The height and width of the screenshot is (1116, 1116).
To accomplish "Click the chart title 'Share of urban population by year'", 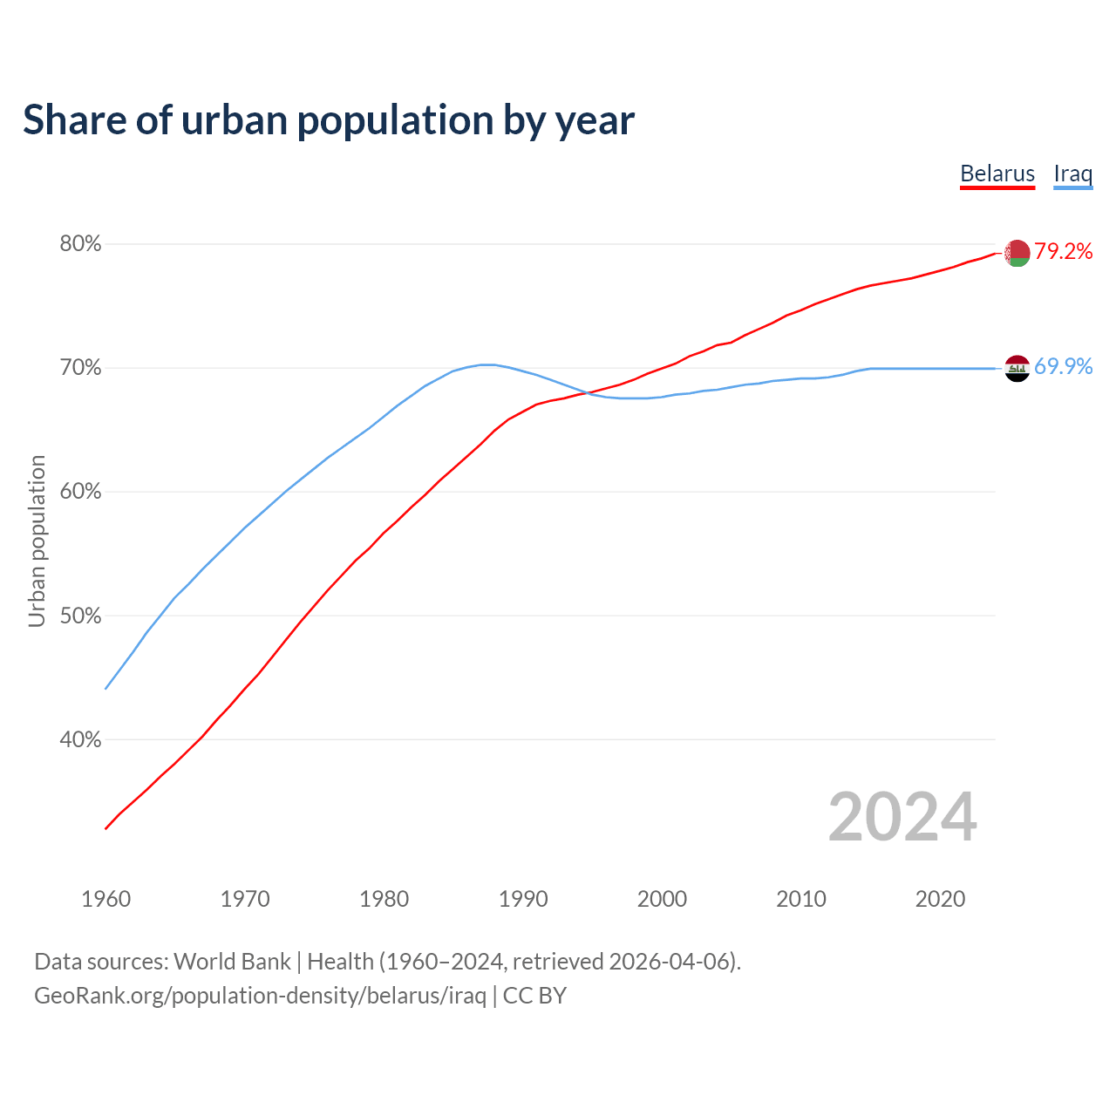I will point(329,120).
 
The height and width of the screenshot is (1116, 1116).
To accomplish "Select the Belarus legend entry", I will point(997,174).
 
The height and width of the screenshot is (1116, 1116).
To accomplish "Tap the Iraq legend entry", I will point(1072,174).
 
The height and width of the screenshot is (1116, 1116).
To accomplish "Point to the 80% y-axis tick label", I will point(80,244).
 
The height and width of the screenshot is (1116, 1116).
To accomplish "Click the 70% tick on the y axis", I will point(80,368).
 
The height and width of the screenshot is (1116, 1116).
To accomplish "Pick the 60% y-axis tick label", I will point(80,492).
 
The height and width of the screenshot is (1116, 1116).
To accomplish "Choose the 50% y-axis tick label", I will point(80,616).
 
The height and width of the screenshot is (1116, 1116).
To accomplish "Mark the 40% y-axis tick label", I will point(80,740).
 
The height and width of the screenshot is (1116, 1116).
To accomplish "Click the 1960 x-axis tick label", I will point(105,899).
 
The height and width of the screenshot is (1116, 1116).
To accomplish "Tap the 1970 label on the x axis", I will point(245,899).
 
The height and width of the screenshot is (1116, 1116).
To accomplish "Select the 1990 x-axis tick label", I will point(523,899).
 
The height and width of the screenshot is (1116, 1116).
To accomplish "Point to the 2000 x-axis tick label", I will point(662,899).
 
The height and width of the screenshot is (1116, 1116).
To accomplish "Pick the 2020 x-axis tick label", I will point(940,899).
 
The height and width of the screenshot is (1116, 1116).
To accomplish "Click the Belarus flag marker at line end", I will point(1017,253).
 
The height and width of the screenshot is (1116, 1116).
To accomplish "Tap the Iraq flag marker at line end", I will point(1017,368).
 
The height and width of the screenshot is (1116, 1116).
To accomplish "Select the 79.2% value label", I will point(1064,251).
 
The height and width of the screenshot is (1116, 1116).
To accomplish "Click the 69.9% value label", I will point(1064,366).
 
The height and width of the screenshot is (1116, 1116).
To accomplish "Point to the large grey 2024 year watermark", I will point(902,817).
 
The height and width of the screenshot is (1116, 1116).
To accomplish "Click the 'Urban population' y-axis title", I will point(37,541).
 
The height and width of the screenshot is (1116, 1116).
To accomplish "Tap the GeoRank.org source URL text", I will point(260,996).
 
